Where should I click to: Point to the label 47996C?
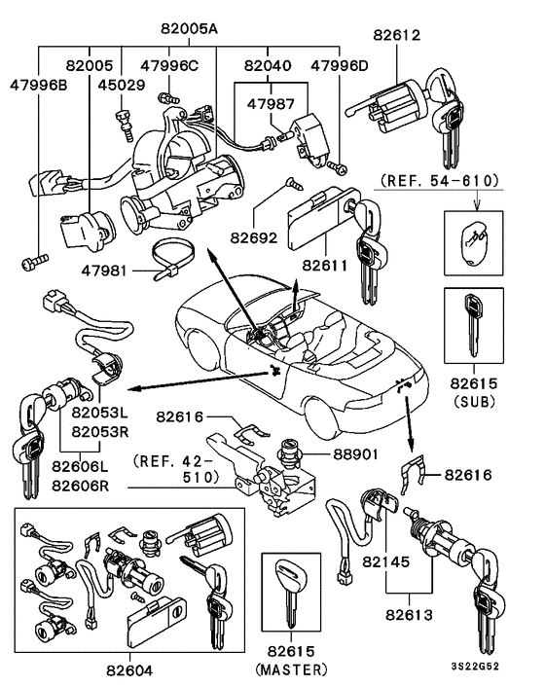point(169,66)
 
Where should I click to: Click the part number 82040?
point(269,66)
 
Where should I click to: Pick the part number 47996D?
point(340,66)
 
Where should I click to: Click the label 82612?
point(397,36)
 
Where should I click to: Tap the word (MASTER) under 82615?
point(291,669)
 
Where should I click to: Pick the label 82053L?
point(97,412)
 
